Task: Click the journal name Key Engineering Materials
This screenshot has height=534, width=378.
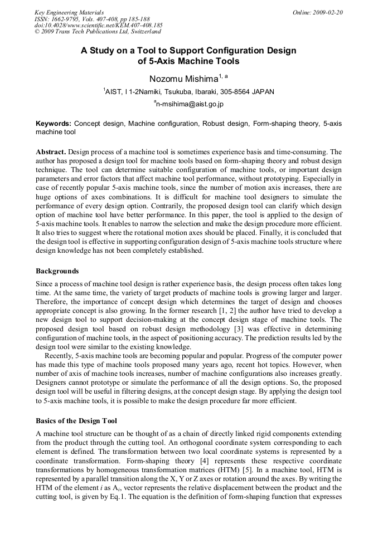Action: click(69, 12)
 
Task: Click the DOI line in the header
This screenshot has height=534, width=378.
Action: click(99, 25)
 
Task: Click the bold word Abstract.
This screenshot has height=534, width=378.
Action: click(50, 151)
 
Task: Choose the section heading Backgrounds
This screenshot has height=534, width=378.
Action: click(57, 271)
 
